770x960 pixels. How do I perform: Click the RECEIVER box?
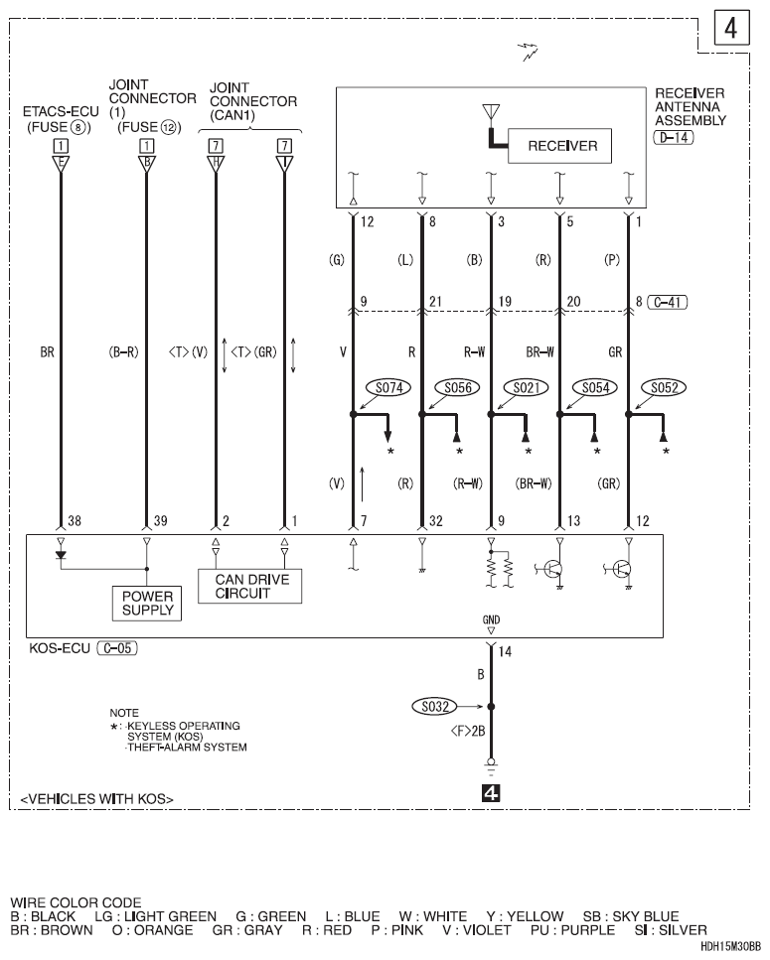[562, 146]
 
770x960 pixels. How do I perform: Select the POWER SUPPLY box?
[147, 602]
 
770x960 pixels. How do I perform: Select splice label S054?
[587, 388]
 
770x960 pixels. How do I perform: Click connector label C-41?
[671, 302]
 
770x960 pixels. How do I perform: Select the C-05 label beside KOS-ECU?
[117, 647]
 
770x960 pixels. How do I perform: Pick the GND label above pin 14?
[492, 620]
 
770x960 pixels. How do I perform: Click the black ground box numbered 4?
[492, 792]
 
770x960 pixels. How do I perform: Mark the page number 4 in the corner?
[730, 29]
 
